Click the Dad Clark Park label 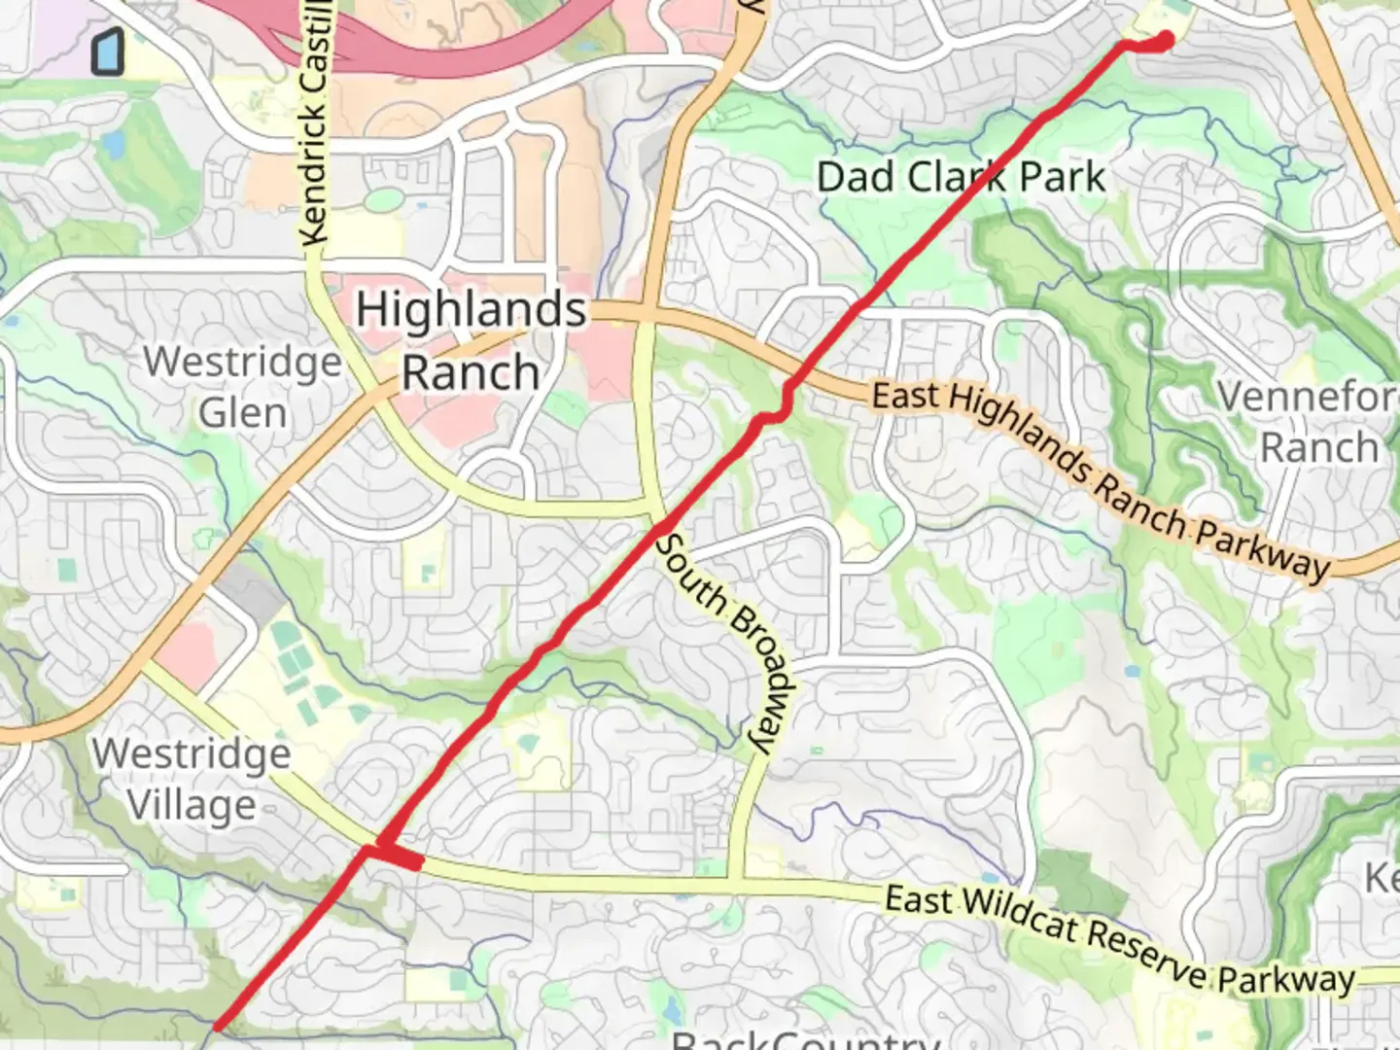(x=961, y=177)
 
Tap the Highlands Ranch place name (x=471, y=340)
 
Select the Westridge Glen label (x=242, y=387)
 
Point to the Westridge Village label (x=192, y=780)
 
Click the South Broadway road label (x=726, y=642)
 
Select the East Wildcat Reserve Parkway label (x=1119, y=939)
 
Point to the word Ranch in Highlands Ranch (x=471, y=373)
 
